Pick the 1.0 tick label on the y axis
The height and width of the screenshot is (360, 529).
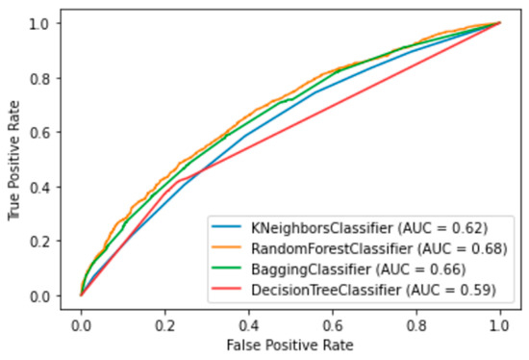coord(45,22)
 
